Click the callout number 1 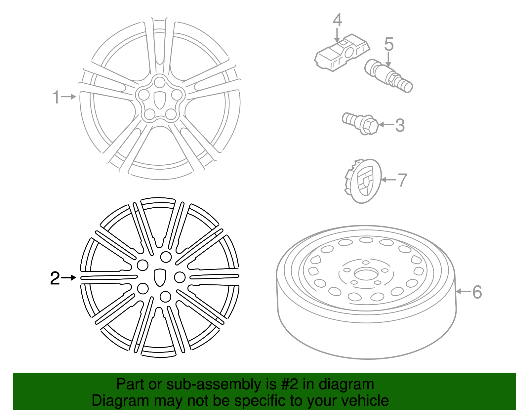coord(56,97)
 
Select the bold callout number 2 coord(55,278)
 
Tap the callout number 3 coord(400,125)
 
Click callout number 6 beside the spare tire coord(477,292)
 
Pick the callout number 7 coord(402,180)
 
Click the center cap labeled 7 coord(363,181)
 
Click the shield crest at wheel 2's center coord(160,277)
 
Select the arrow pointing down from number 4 coord(337,35)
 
